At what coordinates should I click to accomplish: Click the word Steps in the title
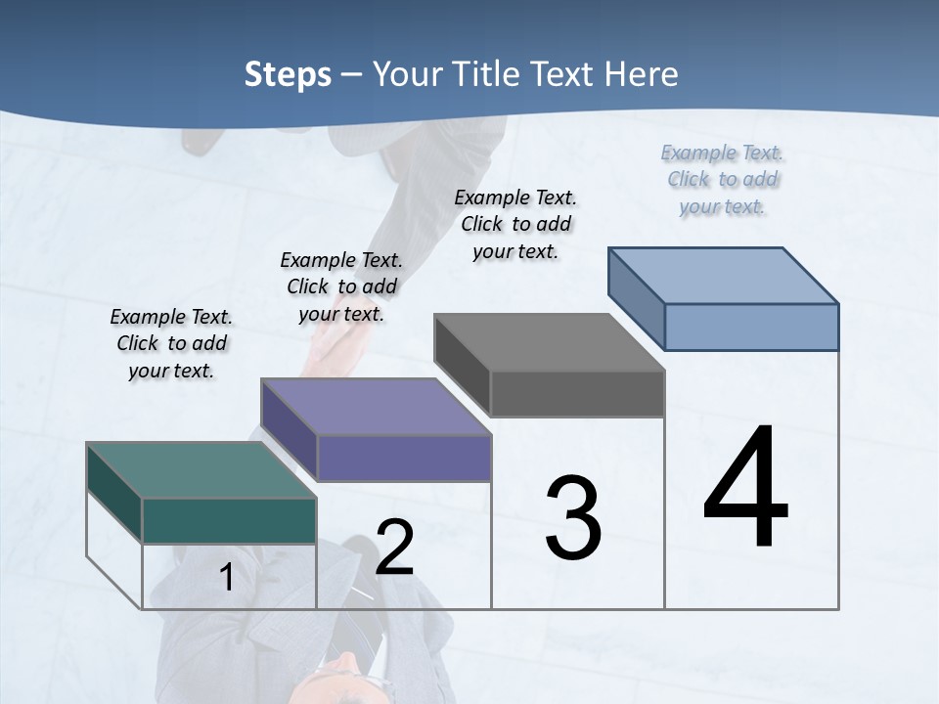coord(288,74)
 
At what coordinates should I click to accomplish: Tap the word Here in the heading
coord(642,74)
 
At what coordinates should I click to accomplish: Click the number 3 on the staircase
coord(573,518)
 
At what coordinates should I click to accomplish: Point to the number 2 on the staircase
coord(394,548)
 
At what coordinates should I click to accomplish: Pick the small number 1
coord(227,578)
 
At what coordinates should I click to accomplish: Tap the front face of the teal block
coord(229,520)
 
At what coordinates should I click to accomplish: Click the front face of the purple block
coord(404,458)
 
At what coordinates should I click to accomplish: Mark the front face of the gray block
coord(577,393)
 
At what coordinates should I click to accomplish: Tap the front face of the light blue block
coord(751,327)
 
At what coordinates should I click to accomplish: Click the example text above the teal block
coord(171,343)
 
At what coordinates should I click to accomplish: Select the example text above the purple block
coord(341,286)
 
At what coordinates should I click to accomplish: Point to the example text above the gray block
coord(515,224)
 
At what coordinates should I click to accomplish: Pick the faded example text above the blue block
coord(722,179)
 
